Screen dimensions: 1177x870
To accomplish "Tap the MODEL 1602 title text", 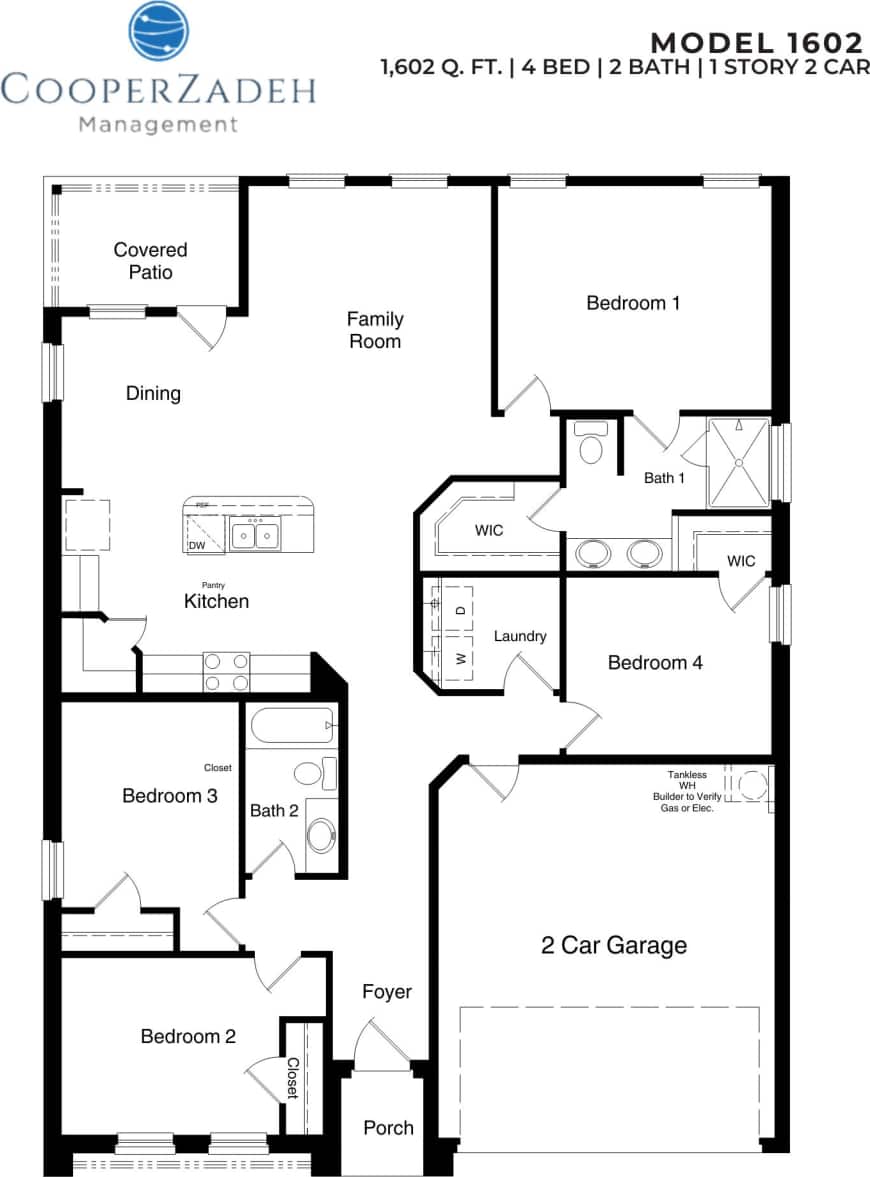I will click(x=756, y=42).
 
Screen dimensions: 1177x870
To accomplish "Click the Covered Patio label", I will click(x=150, y=261).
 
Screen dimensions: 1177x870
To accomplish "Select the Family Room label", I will click(x=375, y=330).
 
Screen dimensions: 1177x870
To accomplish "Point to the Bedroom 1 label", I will click(x=633, y=302).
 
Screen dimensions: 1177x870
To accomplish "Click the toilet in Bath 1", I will click(x=592, y=444).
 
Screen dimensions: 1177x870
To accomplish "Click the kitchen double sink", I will click(x=254, y=535).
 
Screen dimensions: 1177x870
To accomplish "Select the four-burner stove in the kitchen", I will click(x=227, y=671).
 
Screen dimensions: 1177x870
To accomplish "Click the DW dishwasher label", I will click(x=197, y=546).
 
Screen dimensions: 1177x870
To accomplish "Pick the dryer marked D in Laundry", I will click(x=460, y=609).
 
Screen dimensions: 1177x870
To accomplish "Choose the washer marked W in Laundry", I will click(x=460, y=658).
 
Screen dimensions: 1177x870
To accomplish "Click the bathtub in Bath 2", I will click(x=291, y=726).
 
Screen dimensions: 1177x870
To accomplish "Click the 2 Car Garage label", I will click(x=614, y=945).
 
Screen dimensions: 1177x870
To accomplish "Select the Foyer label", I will click(x=387, y=991).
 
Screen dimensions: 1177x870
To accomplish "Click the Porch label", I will click(x=388, y=1127).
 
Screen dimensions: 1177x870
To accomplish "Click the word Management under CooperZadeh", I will click(x=158, y=125).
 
